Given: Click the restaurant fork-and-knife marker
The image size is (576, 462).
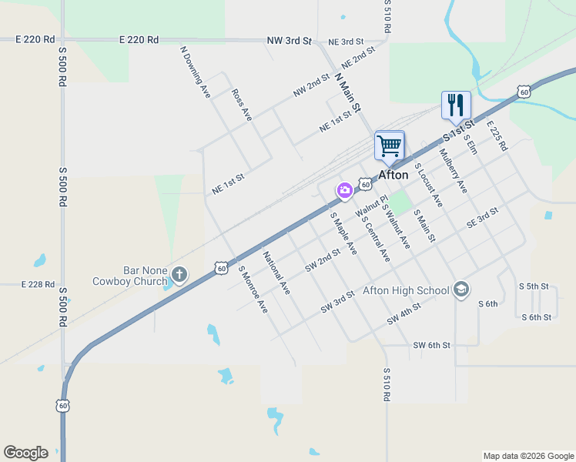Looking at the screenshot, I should coord(456,105).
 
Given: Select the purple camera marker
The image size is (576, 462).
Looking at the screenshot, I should coord(343,189).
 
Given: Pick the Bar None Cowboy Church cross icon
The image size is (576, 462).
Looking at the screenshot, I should coord(179,275).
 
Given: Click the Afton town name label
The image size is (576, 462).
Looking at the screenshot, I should coord(393,175).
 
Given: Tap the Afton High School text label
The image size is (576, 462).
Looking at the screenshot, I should coord(405,290).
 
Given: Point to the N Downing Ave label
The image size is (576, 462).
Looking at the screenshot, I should coord(195,72).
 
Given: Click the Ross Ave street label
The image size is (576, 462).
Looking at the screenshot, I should coord(242,104).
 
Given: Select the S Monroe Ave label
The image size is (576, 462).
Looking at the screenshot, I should coord(253,290).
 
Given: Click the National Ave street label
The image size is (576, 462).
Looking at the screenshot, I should coord(276,273).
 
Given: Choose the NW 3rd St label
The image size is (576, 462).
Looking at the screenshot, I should coord(289,40).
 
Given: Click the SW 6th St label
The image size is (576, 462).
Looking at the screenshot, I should coord(431,345).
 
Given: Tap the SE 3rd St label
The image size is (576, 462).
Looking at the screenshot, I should coord(483,217).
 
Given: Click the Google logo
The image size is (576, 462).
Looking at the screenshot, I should coord(25,453).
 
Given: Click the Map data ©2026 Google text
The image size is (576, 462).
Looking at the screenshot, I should coord(527,456).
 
